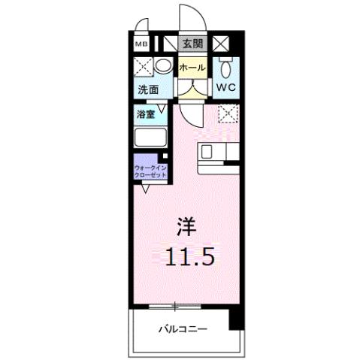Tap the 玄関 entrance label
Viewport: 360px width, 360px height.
coord(191,44)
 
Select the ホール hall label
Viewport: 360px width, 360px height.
coord(192,67)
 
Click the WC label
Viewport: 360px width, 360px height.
coord(227,88)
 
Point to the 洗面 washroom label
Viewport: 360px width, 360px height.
coord(148,90)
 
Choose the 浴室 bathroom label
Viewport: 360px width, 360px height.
coord(146,116)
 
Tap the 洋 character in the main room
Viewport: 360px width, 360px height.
coord(188,225)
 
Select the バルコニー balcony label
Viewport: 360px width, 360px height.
coord(183,329)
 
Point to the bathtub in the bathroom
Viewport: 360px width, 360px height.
coord(152,139)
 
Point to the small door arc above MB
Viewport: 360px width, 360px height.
coord(141,30)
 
